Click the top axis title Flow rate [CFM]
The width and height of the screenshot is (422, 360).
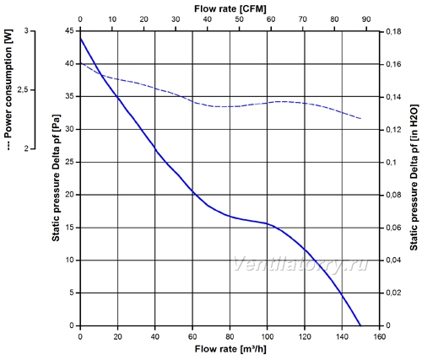(x=230, y=8)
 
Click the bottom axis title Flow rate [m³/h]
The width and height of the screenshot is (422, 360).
(x=230, y=349)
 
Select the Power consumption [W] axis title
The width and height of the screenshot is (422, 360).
(x=9, y=89)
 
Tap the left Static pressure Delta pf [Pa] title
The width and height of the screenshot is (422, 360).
(x=56, y=178)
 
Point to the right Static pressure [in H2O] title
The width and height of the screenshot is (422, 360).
(x=414, y=178)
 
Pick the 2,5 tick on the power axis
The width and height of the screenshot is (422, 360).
(x=24, y=90)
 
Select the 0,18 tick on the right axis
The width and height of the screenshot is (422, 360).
(x=393, y=32)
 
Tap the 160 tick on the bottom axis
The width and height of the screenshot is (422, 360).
(x=380, y=336)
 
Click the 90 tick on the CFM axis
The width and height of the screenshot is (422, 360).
(x=366, y=19)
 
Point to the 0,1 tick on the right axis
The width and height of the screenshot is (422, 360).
(x=392, y=163)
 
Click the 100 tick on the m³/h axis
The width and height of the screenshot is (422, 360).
(x=268, y=336)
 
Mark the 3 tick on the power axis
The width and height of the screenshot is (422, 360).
(x=26, y=30)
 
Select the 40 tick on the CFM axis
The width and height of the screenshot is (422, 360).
(x=208, y=19)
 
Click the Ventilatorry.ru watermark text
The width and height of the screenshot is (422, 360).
(x=300, y=264)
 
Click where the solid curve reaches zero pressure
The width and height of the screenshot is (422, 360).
(x=360, y=325)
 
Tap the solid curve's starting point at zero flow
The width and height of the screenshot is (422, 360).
(x=81, y=39)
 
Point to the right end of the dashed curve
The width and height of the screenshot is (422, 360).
(x=360, y=119)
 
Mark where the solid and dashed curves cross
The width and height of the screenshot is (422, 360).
(x=101, y=75)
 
